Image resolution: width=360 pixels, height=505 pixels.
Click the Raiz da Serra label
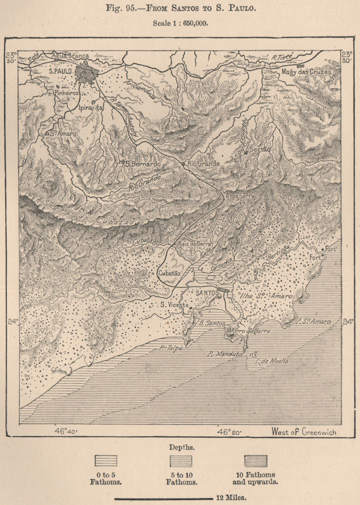click(193, 243)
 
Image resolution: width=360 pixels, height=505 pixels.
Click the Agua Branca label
click(72, 56)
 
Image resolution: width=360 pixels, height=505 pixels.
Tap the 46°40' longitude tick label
click(66, 432)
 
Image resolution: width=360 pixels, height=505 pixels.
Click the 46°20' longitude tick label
click(230, 432)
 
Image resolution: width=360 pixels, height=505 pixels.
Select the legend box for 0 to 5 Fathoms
click(106, 461)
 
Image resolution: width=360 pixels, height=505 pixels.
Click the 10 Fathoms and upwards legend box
click(255, 461)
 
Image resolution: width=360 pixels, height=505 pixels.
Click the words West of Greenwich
click(303, 432)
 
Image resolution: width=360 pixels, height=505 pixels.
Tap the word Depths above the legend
click(180, 447)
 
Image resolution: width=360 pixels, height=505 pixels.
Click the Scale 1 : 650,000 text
click(180, 23)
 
